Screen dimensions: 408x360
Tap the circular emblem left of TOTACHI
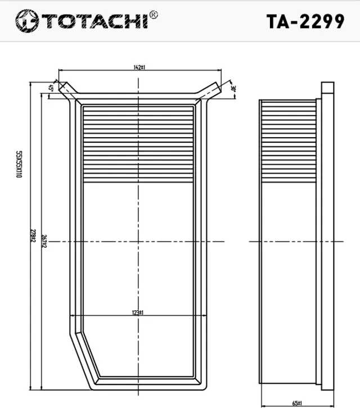coord(26,21)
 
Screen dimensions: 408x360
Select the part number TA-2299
coord(305,21)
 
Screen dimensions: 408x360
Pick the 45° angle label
coord(51,88)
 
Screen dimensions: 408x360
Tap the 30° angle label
coord(232,88)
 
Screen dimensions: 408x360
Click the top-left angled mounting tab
coord(67,89)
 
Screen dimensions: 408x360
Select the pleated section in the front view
coord(138,143)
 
